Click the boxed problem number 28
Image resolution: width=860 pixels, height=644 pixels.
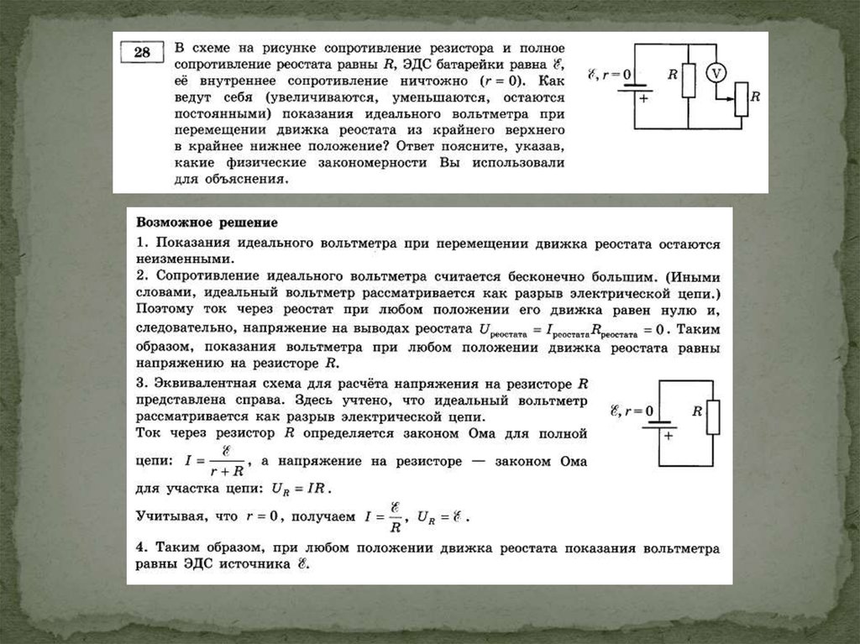(x=141, y=55)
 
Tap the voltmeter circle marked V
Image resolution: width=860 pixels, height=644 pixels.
(x=716, y=73)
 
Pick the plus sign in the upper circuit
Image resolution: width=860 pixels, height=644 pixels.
(x=644, y=98)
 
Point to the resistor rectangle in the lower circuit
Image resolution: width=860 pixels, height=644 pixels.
(x=713, y=416)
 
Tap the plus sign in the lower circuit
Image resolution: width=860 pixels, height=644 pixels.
(x=669, y=436)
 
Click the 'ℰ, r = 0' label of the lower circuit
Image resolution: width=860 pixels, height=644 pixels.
(x=632, y=411)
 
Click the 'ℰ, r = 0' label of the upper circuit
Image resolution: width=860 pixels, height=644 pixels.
(x=610, y=75)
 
